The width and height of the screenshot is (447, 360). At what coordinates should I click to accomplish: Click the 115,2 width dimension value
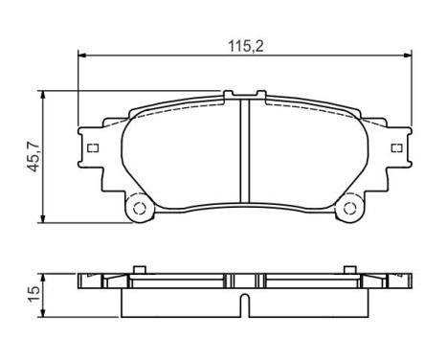[244, 44]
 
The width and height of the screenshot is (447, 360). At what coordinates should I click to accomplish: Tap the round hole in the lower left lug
[137, 208]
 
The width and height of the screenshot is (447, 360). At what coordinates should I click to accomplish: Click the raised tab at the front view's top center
[244, 95]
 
